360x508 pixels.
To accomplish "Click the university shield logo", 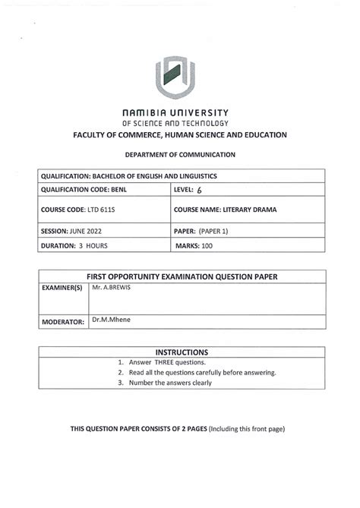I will [x=180, y=79].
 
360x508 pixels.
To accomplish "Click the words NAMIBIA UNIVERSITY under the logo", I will [x=180, y=111].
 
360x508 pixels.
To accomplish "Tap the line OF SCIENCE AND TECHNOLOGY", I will [x=180, y=122].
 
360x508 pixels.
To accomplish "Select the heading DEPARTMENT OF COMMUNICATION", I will [x=180, y=154].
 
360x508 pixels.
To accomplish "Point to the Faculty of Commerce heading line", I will [x=180, y=135].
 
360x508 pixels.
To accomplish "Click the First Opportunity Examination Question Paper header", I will [x=180, y=277].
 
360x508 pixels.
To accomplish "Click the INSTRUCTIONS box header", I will [x=181, y=352].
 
